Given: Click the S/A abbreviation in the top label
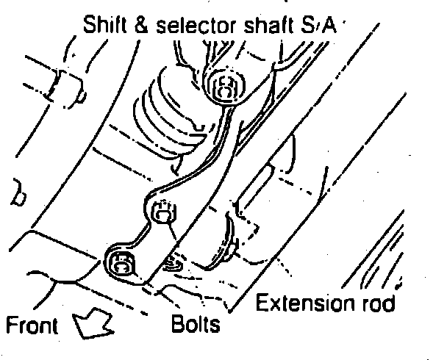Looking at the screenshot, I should [316, 28].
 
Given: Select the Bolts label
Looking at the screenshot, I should [195, 323].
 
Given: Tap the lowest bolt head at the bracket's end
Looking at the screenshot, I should [120, 262].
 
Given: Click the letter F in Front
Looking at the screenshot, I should [10, 324].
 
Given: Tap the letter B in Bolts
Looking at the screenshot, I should [176, 323].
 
